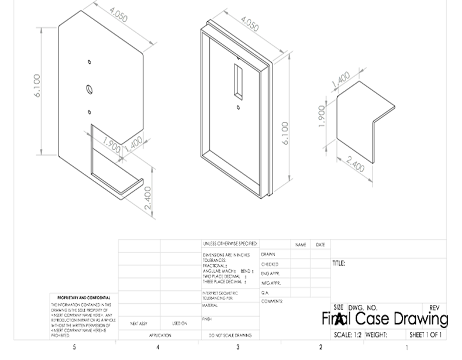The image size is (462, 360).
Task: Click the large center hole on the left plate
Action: (89, 89)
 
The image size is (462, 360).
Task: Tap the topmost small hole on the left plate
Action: (89, 61)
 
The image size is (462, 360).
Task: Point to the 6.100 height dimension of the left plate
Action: (37, 85)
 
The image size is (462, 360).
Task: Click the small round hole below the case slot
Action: (239, 107)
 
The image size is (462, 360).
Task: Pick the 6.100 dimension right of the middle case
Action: (285, 134)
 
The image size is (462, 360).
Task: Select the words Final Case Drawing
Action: (385, 318)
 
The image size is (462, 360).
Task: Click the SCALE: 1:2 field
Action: (347, 335)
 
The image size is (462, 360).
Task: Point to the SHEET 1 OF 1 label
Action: (425, 335)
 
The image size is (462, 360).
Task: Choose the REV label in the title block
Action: (434, 308)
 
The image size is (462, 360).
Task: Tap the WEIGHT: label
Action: (377, 335)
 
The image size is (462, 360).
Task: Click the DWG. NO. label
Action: (363, 308)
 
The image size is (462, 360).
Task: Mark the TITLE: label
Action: (339, 264)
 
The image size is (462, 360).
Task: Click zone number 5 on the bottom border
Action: (74, 348)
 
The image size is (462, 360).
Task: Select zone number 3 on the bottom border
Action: (238, 348)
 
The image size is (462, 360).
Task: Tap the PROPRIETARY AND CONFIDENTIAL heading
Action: (82, 297)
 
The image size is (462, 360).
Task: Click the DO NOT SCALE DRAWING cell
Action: (230, 335)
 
